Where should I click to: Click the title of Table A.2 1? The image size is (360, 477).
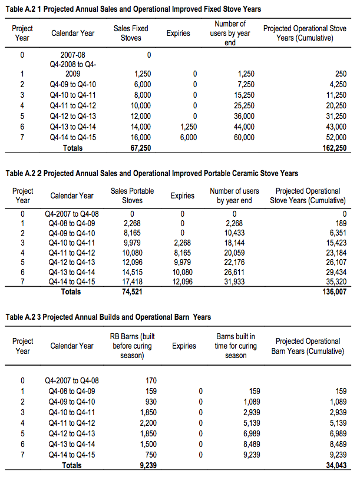point(133,9)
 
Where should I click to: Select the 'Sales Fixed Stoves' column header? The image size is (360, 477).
point(131,33)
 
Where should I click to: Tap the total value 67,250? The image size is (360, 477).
point(140,148)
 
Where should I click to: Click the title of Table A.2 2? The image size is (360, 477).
point(151,174)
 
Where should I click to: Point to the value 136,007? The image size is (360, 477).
point(333,291)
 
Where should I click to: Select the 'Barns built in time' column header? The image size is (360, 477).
point(236,346)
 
